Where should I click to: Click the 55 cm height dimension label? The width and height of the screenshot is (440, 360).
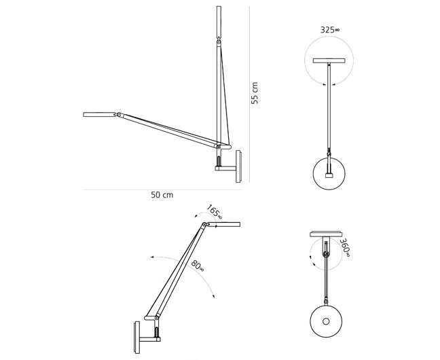[255, 93]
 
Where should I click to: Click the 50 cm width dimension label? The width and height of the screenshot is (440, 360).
[162, 195]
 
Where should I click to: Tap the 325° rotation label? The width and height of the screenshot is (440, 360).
[330, 30]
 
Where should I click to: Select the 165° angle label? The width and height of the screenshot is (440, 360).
[215, 212]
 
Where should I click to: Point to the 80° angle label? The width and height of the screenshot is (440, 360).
[198, 266]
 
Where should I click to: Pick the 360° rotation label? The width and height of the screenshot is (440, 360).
[345, 248]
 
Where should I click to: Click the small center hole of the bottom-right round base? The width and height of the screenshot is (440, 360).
[326, 321]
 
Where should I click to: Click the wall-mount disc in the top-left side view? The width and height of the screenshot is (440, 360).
[238, 166]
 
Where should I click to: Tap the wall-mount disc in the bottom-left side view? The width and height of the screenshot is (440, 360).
[137, 338]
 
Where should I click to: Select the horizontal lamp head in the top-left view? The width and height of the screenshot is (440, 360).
[99, 115]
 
